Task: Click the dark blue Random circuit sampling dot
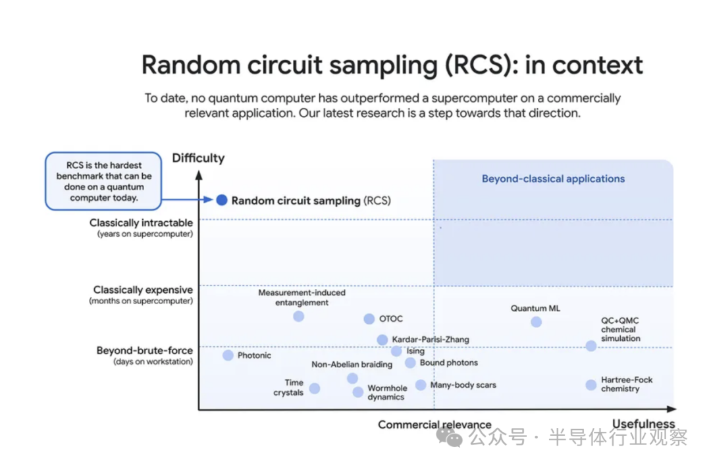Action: point(222,200)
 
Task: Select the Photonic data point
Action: point(228,355)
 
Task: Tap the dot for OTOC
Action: point(369,319)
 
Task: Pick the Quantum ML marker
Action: point(536,322)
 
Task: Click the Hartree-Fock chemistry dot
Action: point(591,384)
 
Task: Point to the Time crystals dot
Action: point(315,388)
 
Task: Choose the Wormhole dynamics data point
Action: point(357,392)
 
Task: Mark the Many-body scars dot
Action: point(421,385)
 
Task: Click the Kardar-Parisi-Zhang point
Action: point(382,340)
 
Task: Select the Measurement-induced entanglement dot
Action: point(298,317)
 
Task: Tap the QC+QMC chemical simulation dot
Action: point(591,346)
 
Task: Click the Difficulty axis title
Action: point(198,158)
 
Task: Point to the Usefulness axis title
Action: point(643,424)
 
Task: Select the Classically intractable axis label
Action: point(142,223)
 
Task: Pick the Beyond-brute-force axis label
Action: point(145,351)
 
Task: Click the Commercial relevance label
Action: point(434,425)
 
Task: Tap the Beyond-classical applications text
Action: point(553,178)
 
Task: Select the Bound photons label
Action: point(449,363)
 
